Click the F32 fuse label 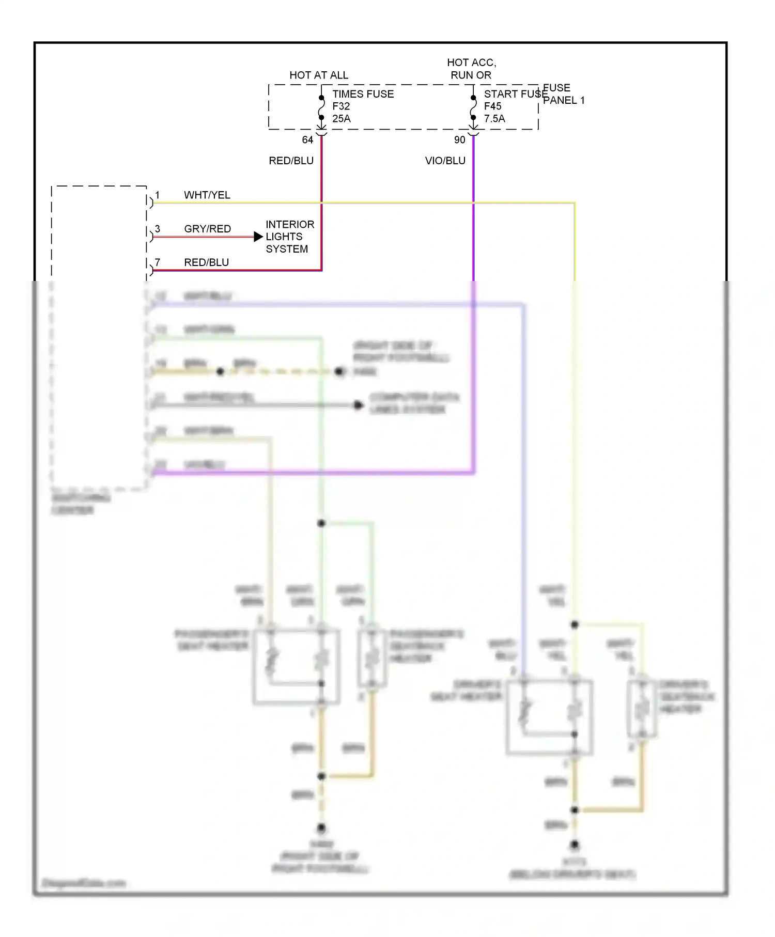point(341,106)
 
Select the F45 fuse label point(492,106)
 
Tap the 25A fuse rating point(341,119)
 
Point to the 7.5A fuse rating point(494,119)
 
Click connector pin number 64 point(307,140)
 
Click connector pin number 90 point(459,140)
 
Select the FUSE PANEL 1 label point(563,95)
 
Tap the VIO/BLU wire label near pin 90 point(445,161)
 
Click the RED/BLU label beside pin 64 point(291,161)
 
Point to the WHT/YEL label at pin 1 point(207,195)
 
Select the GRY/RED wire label point(207,229)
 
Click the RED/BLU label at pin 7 point(206,262)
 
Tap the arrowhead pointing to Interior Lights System point(258,237)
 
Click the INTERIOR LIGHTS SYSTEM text point(289,237)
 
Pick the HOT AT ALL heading point(319,75)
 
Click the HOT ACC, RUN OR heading point(471,69)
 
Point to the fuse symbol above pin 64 point(321,108)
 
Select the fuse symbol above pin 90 point(473,108)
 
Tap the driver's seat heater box point(549,717)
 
